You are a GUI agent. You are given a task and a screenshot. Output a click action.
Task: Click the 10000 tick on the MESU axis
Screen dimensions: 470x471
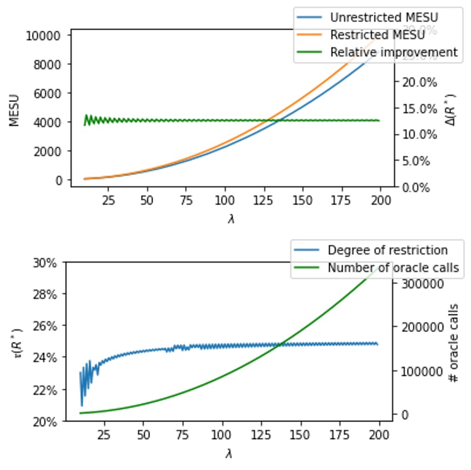pyautogui.click(x=44, y=35)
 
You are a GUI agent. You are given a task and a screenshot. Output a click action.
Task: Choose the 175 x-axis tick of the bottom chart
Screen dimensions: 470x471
pyautogui.click(x=340, y=433)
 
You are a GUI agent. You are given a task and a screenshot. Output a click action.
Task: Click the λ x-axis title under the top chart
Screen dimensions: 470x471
pyautogui.click(x=231, y=219)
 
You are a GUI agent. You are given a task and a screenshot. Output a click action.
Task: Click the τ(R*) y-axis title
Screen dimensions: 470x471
pyautogui.click(x=14, y=341)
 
